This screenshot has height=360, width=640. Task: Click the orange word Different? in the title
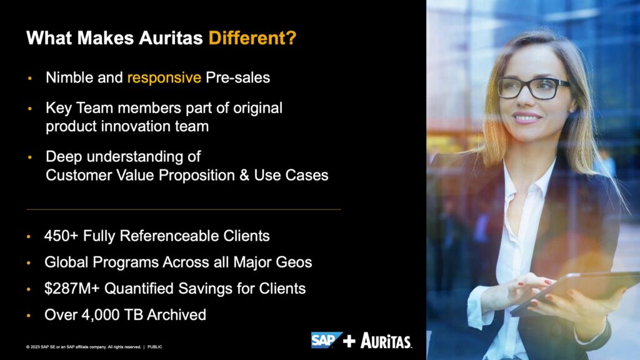pos(252,38)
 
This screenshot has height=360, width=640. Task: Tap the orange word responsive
pos(164,77)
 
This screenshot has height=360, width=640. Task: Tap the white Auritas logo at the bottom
pos(386,341)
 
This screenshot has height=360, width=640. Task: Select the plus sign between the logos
pos(349,341)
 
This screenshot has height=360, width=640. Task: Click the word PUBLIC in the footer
pos(155,347)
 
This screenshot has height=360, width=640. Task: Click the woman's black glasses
pos(532,88)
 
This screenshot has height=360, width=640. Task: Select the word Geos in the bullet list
pos(294,262)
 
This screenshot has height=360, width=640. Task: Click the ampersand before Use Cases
pos(244,175)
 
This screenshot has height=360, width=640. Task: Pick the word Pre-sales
pos(237,77)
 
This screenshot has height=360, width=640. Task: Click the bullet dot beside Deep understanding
pos(29,157)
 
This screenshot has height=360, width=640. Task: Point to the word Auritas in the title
pos(171,38)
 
